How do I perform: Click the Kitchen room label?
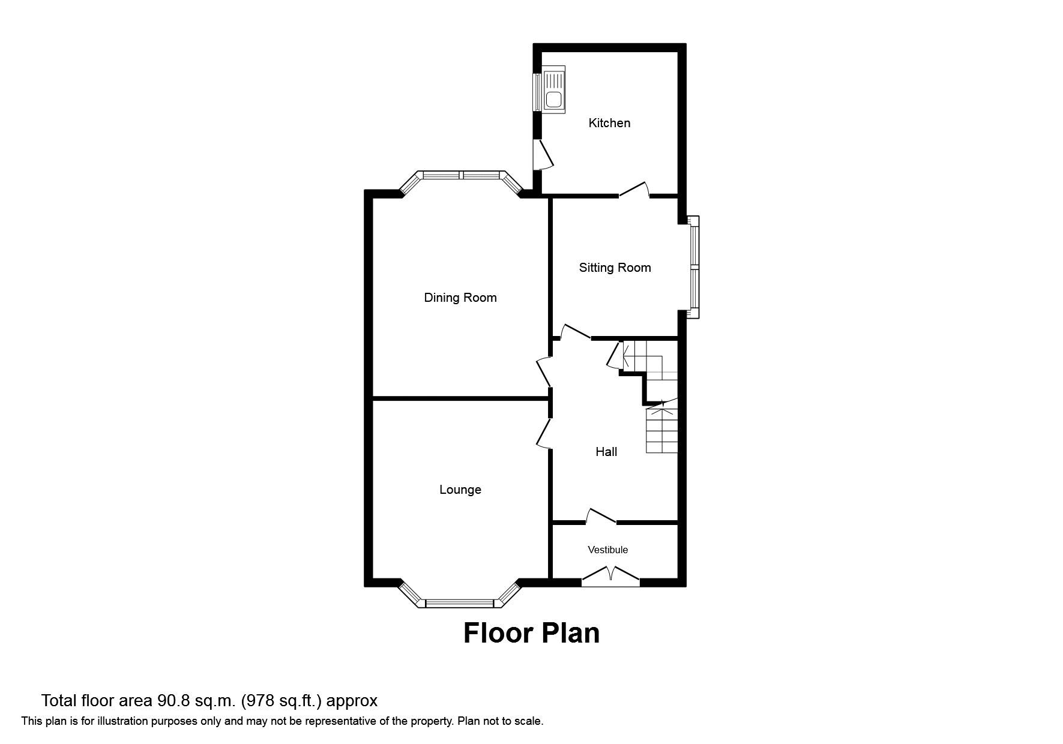(x=609, y=123)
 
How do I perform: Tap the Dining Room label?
(x=460, y=298)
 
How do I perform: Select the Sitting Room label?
(x=615, y=268)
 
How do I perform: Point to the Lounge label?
(x=460, y=490)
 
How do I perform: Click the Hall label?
(x=606, y=452)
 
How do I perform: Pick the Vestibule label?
(x=607, y=550)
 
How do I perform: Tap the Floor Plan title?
(x=531, y=633)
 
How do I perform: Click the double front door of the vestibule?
(x=610, y=576)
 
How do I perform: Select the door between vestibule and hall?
(x=600, y=517)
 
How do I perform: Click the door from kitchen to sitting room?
(x=634, y=190)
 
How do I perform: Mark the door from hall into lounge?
(x=544, y=433)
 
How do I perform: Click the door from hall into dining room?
(x=544, y=371)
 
